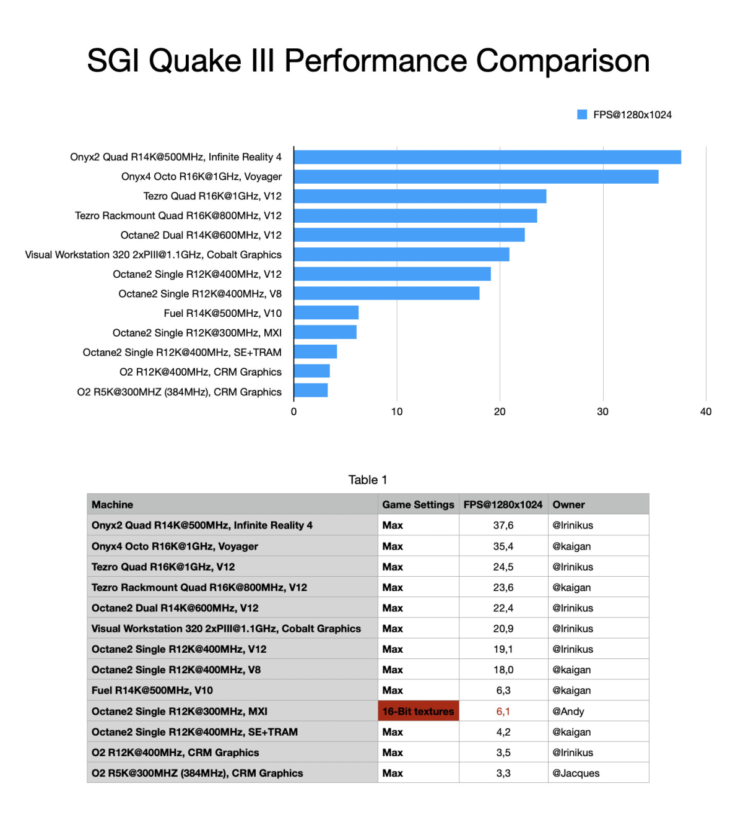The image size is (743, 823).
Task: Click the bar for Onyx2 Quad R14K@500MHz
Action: (x=487, y=157)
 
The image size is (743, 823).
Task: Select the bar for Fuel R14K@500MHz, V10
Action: (x=326, y=312)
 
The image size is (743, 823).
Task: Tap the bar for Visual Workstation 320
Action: (x=401, y=254)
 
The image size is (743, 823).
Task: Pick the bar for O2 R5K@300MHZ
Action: (x=311, y=390)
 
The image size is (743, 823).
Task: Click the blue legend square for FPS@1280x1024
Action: (x=582, y=114)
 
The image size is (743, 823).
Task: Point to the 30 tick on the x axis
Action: (x=602, y=411)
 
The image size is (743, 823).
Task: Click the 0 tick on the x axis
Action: (x=293, y=411)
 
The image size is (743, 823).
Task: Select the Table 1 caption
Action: (x=368, y=480)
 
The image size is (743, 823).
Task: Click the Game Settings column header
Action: (x=418, y=504)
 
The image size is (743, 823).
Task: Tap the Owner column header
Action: (x=568, y=504)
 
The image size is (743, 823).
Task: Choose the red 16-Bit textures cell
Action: (x=418, y=711)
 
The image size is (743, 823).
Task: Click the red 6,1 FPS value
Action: (x=503, y=711)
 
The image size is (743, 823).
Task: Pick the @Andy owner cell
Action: (x=568, y=711)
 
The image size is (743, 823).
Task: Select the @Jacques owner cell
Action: (x=576, y=773)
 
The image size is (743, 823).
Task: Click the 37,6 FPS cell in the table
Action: (x=503, y=525)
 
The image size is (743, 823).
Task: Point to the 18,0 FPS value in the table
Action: (x=503, y=670)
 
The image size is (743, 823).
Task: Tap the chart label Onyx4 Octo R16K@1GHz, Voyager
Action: (x=201, y=176)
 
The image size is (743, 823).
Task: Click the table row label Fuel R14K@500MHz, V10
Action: (x=152, y=690)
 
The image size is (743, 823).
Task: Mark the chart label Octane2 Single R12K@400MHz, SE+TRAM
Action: (x=182, y=352)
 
